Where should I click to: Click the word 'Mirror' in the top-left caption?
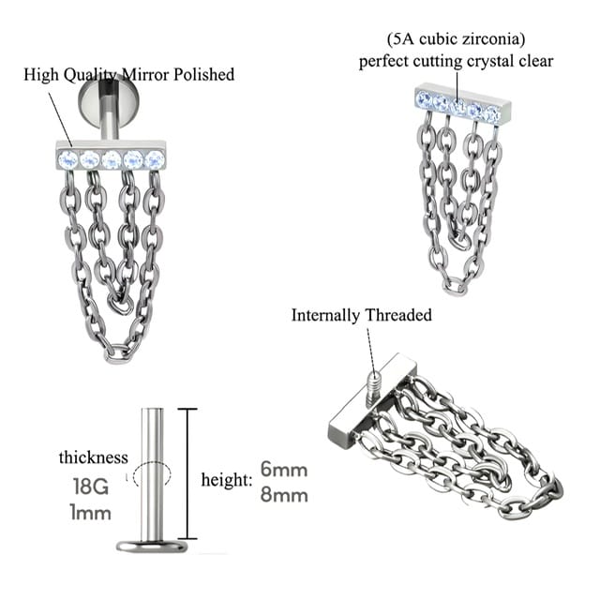point(146,75)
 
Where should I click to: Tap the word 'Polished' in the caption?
point(203,75)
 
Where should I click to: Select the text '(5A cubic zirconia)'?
point(456,39)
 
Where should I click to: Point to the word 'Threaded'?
point(397,315)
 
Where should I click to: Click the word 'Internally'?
point(325,316)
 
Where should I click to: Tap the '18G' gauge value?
point(91,487)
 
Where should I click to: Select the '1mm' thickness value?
point(90,513)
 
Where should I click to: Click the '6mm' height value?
point(284,470)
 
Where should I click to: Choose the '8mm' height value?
point(284,495)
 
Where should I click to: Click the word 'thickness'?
point(94,457)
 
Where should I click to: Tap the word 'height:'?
point(227,480)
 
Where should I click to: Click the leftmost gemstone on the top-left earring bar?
point(67,159)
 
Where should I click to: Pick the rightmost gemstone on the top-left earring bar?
point(155,159)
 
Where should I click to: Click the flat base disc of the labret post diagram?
point(152,546)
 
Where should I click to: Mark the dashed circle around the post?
point(152,475)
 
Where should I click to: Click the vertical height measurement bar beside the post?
point(187,473)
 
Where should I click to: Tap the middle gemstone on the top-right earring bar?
point(457,104)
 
